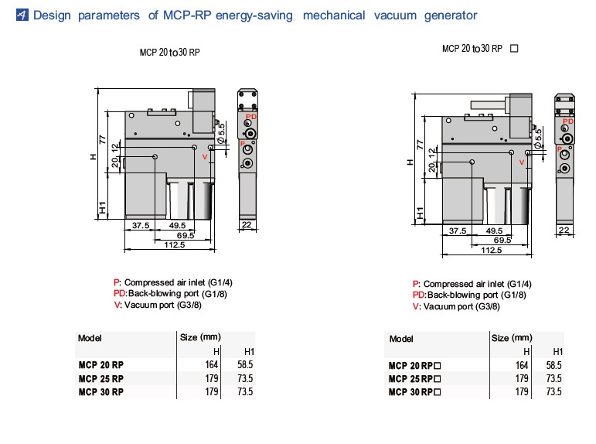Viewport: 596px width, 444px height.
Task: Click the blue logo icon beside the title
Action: tap(22, 15)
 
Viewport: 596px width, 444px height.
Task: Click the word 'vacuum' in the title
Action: tap(395, 15)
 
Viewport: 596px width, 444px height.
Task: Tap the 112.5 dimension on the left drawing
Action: tap(175, 244)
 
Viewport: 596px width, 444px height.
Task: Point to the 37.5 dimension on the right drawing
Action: tap(458, 231)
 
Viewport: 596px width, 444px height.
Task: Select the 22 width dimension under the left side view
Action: tap(247, 224)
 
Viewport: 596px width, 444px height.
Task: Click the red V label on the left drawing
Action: tap(205, 157)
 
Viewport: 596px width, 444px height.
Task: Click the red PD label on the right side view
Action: tap(568, 121)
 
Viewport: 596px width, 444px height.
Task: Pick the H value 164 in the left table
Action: tap(212, 364)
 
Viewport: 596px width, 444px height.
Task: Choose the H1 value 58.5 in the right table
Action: tap(553, 365)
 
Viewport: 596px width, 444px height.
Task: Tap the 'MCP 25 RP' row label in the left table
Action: tap(101, 378)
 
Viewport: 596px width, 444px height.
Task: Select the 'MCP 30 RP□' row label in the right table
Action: tap(414, 392)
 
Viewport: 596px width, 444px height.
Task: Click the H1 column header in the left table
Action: tap(249, 351)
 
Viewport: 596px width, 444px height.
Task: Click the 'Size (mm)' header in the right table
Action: tap(512, 338)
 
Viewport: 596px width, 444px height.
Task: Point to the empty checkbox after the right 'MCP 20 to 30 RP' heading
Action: tap(514, 48)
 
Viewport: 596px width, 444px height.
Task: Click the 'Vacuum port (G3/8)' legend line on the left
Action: tap(158, 305)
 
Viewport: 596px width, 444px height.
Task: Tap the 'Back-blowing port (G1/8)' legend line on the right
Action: tap(469, 295)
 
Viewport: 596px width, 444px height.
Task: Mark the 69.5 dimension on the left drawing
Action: tap(185, 235)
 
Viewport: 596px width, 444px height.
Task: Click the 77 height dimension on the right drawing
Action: tap(420, 145)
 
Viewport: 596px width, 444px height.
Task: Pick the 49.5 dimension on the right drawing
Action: tap(494, 231)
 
